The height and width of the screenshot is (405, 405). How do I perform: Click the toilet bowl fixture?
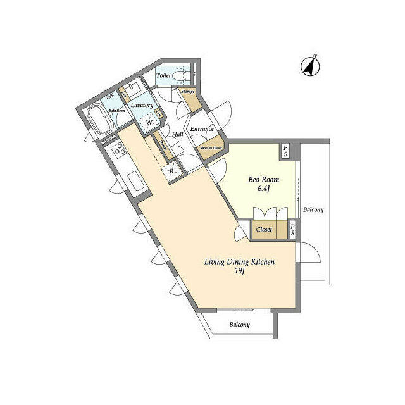pyautogui.click(x=180, y=77)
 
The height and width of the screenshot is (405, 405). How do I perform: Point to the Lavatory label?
pyautogui.click(x=142, y=105)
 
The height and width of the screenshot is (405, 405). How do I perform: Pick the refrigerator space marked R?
pyautogui.click(x=170, y=170)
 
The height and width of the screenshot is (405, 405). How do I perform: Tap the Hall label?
pyautogui.click(x=178, y=134)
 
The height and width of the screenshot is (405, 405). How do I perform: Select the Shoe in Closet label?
pyautogui.click(x=211, y=148)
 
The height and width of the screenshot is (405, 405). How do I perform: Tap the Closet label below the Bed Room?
pyautogui.click(x=265, y=230)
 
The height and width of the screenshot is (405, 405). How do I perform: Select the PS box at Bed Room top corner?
pyautogui.click(x=286, y=151)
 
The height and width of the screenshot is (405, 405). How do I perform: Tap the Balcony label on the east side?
pyautogui.click(x=313, y=209)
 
